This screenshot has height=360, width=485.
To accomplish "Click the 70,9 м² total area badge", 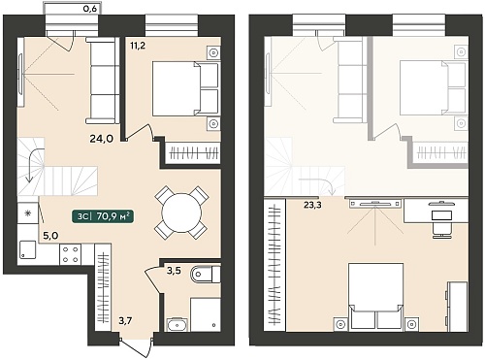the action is pos(103,216).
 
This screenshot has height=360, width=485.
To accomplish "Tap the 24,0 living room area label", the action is pos(101,139).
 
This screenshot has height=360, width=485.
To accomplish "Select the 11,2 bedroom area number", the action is pos(138,46).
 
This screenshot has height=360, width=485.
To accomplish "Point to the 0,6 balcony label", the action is pos(90,9).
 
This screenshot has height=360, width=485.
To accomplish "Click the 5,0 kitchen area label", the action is pos(50,236).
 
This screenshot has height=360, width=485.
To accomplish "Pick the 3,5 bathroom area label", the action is pos(174,271).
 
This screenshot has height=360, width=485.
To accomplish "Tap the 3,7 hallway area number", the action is pos(125,321).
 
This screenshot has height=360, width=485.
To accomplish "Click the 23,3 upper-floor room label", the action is pos(312,205).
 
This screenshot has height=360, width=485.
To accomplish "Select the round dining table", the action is pos(181,213).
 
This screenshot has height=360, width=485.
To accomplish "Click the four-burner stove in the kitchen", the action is pos(71,254).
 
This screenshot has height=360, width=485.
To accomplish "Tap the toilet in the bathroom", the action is pos(206,275).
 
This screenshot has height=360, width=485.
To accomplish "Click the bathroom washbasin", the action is pos(177,324).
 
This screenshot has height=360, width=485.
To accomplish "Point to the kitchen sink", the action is pos(27,249).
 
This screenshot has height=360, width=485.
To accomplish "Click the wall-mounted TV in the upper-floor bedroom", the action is pos(375,204).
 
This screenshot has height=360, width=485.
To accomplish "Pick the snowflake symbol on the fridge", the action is pos(28,213).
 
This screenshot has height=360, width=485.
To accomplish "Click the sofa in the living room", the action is pos(103,81).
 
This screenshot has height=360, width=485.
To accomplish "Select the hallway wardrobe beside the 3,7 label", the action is pos(103,287).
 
